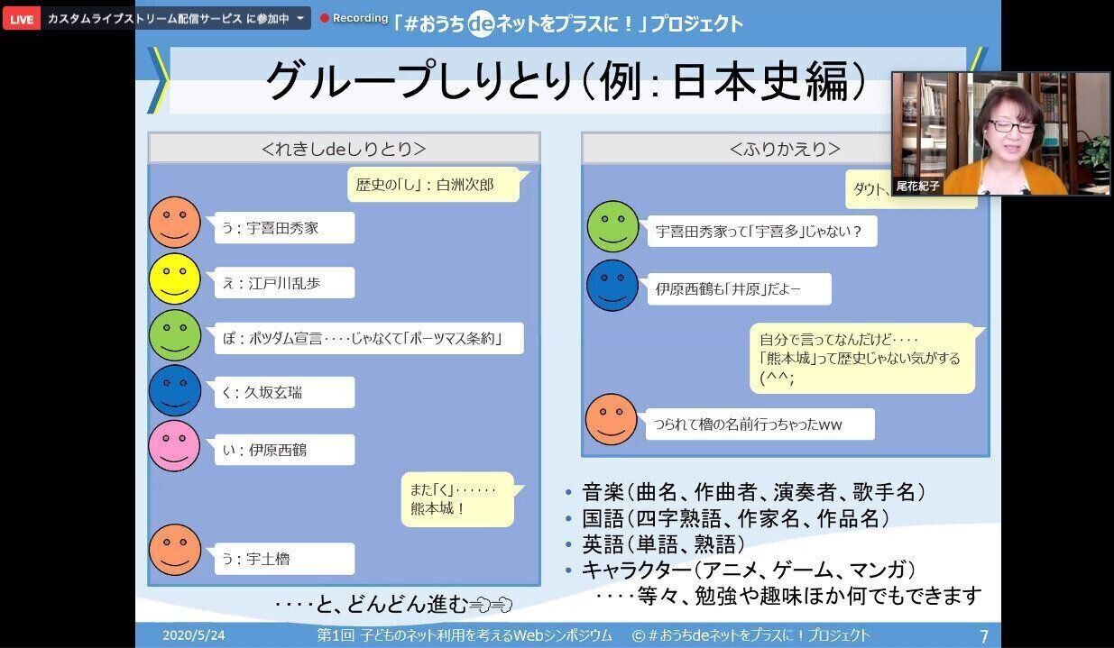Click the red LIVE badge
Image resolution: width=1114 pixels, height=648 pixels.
[21, 18]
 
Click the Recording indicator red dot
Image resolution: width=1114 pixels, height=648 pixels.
[325, 18]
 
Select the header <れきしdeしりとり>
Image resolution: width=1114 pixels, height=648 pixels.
[344, 149]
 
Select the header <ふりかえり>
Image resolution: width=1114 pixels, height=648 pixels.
[784, 149]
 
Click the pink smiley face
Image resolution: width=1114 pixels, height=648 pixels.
[174, 446]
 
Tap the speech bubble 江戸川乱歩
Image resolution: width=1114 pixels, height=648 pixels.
[283, 283]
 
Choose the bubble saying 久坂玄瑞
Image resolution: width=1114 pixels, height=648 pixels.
[283, 392]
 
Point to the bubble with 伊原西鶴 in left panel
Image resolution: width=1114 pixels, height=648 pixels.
[283, 449]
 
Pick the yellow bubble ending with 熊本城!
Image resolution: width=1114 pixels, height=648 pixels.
[456, 498]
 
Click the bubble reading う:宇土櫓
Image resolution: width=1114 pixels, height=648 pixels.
[283, 559]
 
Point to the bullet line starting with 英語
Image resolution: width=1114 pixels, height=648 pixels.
[664, 544]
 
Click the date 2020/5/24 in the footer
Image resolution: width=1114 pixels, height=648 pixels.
[194, 635]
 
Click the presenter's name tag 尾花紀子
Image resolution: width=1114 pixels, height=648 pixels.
[917, 186]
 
